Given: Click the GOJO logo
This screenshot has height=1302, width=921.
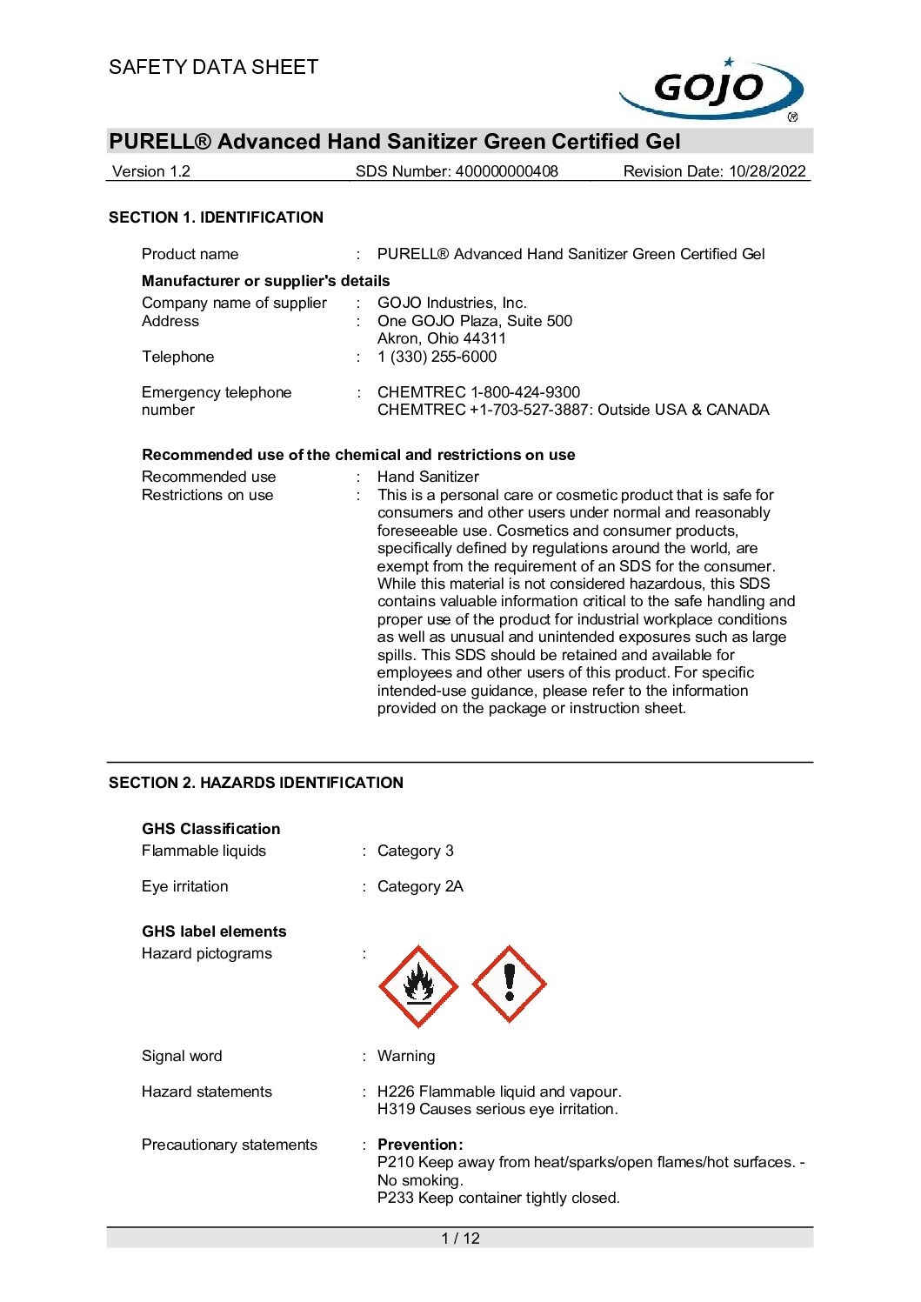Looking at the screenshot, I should (711, 89).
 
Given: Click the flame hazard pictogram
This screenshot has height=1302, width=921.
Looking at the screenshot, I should (418, 986).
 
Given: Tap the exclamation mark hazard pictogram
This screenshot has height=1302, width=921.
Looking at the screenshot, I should (509, 985).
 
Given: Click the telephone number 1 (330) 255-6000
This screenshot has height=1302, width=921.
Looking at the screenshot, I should (437, 357).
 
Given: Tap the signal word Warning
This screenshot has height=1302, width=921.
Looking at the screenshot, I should (406, 1056).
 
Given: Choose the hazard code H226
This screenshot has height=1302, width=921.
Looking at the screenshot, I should (396, 1092).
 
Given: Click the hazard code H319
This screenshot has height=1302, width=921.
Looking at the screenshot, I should (396, 1109).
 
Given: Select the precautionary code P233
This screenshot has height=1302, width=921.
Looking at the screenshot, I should (396, 1198).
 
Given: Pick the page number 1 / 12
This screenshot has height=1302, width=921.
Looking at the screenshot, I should (460, 1239).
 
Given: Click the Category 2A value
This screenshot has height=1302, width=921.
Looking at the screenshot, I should (420, 886).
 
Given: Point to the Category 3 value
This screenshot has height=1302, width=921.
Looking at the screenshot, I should (415, 851).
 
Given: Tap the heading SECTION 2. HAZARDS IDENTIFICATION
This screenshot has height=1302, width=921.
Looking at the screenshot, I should (256, 783).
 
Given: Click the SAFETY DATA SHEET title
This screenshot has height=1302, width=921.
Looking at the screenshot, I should (213, 67).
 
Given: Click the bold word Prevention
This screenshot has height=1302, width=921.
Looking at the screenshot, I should (418, 1145).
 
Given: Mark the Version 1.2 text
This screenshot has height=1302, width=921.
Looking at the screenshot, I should (151, 171).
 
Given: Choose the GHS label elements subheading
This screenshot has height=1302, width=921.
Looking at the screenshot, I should (214, 931).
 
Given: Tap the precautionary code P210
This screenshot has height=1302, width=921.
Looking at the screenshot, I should (396, 1162).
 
